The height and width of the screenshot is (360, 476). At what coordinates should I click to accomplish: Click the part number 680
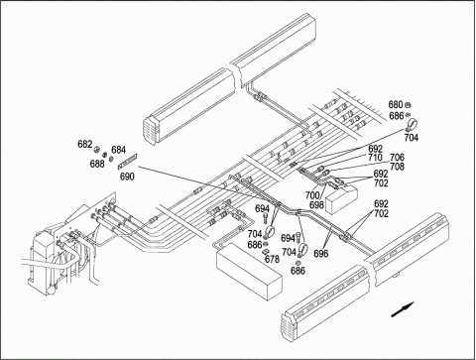click(396, 105)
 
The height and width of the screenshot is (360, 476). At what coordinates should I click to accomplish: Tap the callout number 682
click(85, 145)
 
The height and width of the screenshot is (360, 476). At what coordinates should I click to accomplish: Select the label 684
click(118, 150)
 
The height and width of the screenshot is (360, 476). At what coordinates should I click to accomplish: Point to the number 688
click(97, 164)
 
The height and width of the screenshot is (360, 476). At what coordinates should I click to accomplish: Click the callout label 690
click(127, 177)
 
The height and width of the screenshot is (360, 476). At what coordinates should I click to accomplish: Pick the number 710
click(375, 158)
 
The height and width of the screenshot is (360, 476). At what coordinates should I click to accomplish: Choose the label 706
click(397, 158)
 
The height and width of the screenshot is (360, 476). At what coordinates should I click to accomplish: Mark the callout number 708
click(397, 167)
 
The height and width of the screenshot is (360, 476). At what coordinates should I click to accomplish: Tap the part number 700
click(312, 195)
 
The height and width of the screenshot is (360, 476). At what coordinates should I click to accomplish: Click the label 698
click(316, 205)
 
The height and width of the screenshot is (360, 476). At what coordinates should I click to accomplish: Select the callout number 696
click(321, 254)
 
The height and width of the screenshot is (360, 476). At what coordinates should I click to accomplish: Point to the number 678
click(272, 260)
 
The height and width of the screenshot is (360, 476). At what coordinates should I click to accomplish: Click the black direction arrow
click(403, 309)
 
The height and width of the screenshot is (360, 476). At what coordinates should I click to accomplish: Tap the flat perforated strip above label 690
click(128, 162)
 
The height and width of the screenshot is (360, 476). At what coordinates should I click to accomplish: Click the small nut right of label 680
click(408, 105)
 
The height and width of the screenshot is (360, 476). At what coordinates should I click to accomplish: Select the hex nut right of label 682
click(97, 150)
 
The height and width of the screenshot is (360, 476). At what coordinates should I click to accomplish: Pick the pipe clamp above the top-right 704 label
click(412, 125)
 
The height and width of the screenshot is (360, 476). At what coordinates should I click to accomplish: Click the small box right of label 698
click(342, 198)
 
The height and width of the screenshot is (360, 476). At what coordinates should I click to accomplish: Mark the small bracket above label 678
click(265, 252)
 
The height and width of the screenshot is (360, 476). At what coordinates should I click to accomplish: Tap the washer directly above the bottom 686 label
click(297, 263)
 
